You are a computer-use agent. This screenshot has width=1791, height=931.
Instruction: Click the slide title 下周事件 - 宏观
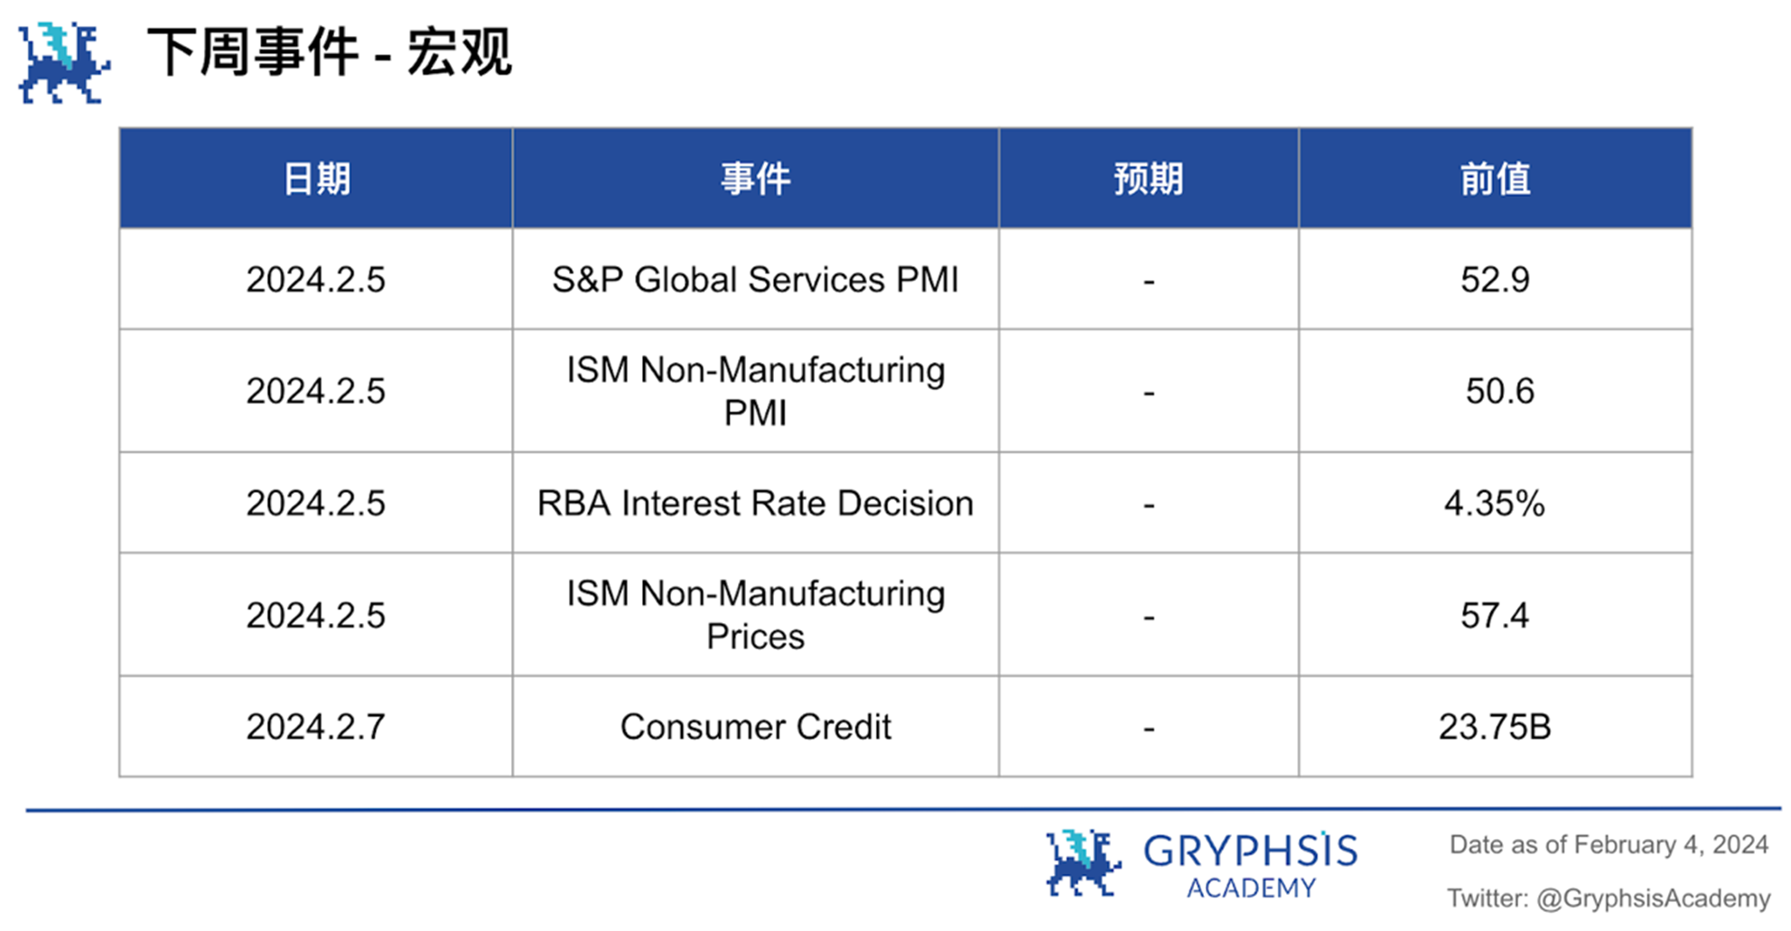pyautogui.click(x=330, y=52)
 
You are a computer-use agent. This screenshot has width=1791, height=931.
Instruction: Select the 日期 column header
pyautogui.click(x=316, y=179)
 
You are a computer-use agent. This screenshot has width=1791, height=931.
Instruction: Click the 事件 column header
pyautogui.click(x=755, y=179)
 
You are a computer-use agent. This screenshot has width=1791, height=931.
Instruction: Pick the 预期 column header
pyautogui.click(x=1148, y=179)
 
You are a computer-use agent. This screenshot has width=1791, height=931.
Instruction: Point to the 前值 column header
pyautogui.click(x=1495, y=179)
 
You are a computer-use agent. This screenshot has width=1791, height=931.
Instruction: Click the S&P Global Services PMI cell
pyautogui.click(x=755, y=280)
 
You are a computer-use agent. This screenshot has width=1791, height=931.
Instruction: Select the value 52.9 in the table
pyautogui.click(x=1495, y=280)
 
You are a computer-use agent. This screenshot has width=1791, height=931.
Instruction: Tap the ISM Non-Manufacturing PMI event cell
pyautogui.click(x=755, y=391)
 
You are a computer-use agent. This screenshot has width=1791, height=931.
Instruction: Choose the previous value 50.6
pyautogui.click(x=1499, y=391)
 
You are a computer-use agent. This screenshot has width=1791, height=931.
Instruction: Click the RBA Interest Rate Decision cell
pyautogui.click(x=755, y=503)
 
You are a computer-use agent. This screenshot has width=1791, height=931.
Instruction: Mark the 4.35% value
pyautogui.click(x=1495, y=503)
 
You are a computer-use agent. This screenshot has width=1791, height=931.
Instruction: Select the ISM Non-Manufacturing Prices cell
pyautogui.click(x=755, y=615)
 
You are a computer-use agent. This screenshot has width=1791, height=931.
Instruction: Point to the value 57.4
pyautogui.click(x=1495, y=615)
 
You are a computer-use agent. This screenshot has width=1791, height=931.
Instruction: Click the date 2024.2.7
pyautogui.click(x=316, y=727)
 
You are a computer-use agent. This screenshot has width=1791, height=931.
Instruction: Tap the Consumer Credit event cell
pyautogui.click(x=755, y=727)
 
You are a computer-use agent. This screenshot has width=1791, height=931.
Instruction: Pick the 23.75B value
pyautogui.click(x=1495, y=727)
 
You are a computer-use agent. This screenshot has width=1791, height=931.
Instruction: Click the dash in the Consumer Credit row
pyautogui.click(x=1149, y=728)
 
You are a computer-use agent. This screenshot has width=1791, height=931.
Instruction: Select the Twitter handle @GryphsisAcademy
pyautogui.click(x=1653, y=898)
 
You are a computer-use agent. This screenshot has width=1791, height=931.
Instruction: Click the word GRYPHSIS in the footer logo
pyautogui.click(x=1250, y=851)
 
